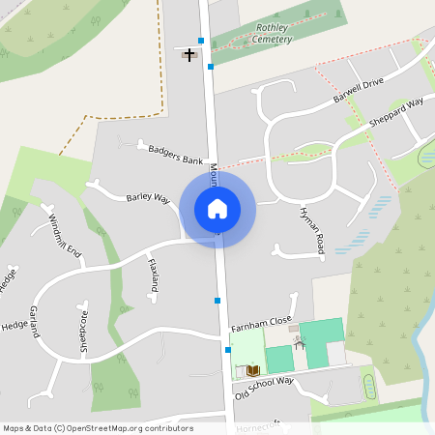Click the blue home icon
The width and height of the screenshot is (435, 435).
point(217,208)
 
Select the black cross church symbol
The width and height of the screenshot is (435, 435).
point(188,54)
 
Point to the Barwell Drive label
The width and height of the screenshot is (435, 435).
point(360,92)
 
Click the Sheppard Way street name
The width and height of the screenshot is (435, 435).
point(396,114)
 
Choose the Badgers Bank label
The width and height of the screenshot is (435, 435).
point(171,153)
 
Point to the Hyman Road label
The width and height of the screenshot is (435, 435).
point(310,231)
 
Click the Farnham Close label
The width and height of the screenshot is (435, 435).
point(261,324)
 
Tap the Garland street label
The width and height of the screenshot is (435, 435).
point(34,320)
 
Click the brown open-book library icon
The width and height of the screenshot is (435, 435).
point(254,370)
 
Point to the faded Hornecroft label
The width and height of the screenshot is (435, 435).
point(257,424)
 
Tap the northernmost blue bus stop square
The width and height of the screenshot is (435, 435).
point(201,41)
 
